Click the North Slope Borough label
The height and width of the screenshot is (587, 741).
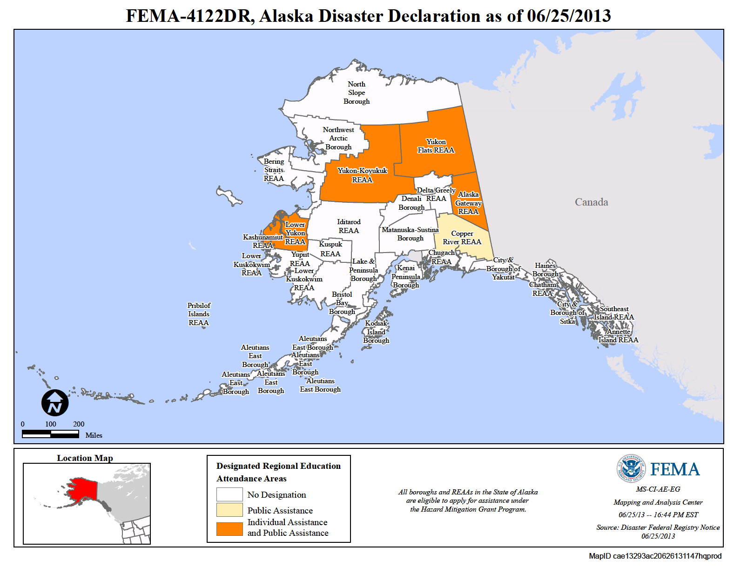click(x=357, y=93)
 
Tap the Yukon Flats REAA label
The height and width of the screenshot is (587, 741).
click(x=436, y=146)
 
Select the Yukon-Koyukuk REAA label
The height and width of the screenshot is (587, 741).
click(x=362, y=175)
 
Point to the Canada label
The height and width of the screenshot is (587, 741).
click(x=591, y=202)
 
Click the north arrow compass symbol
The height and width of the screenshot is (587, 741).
click(x=55, y=403)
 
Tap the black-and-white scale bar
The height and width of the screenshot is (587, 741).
click(x=50, y=434)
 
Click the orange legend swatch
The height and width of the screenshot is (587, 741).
click(x=229, y=529)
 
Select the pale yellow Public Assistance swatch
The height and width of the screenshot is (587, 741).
click(x=229, y=510)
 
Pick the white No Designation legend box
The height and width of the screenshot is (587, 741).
click(x=229, y=494)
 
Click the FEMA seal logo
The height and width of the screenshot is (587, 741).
click(x=631, y=468)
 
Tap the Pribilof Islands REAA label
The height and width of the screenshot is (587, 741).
click(x=199, y=314)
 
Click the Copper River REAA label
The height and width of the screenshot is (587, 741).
click(x=462, y=238)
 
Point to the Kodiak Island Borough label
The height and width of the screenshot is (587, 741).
click(x=376, y=332)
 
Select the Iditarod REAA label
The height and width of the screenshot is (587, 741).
click(x=349, y=226)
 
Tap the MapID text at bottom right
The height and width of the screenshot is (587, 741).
click(x=655, y=556)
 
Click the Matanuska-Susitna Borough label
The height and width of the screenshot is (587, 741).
click(x=410, y=234)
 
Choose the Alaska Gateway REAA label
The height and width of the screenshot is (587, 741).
click(x=468, y=203)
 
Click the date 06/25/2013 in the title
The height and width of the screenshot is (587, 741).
click(x=569, y=16)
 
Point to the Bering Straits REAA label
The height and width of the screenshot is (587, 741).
click(x=274, y=170)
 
